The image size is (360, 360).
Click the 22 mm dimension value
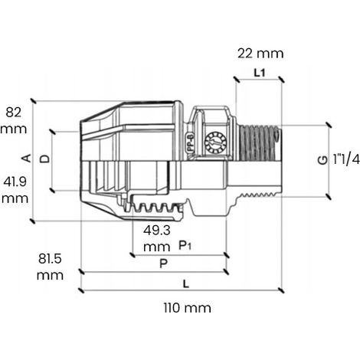click(260, 54)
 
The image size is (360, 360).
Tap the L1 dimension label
click(260, 74)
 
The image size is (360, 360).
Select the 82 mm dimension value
click(14, 120)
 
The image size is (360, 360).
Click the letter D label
click(45, 159)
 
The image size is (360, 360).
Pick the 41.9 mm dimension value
click(15, 190)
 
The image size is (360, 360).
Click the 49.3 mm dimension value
click(157, 239)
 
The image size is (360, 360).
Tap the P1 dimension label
click(185, 246)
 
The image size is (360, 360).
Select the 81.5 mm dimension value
click(50, 267)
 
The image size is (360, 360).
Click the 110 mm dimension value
click(188, 308)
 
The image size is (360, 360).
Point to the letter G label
click(322, 160)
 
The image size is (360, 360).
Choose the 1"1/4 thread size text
click(346, 159)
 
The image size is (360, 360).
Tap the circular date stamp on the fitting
click(216, 142)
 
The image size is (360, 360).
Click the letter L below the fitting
click(186, 283)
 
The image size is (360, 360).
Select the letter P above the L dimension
click(163, 263)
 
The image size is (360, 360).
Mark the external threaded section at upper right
click(260, 143)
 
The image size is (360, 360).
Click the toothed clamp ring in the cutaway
click(156, 208)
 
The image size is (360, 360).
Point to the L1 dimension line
click(260, 80)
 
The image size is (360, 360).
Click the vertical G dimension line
click(329, 161)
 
